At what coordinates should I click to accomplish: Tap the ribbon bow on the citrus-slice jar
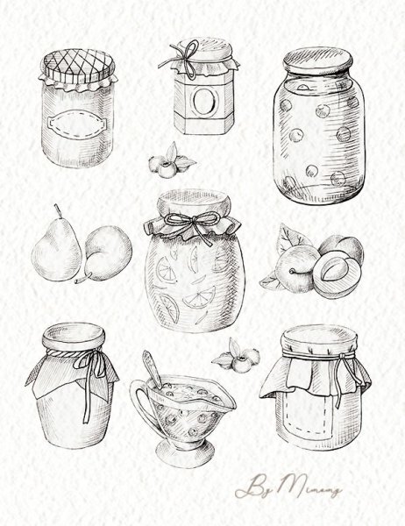tap(192, 220)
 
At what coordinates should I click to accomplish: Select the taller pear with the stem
tap(55, 249)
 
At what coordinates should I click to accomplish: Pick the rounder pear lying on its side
tap(107, 252)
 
